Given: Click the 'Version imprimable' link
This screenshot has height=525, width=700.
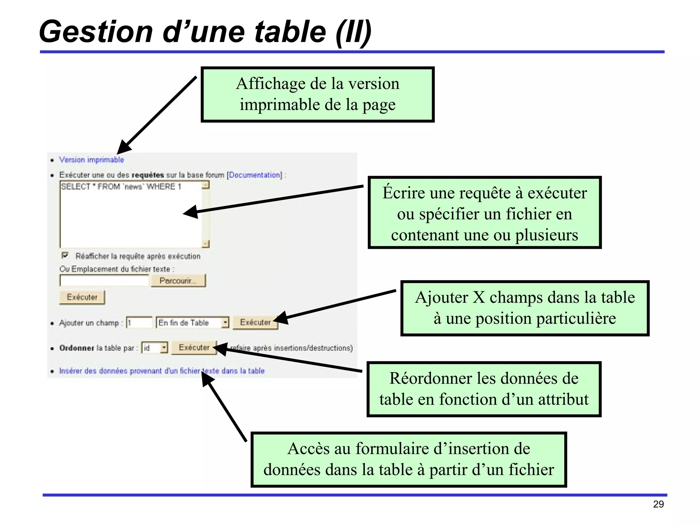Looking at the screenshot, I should coord(91,160).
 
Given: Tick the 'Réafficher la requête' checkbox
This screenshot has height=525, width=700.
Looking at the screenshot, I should coord(65,255).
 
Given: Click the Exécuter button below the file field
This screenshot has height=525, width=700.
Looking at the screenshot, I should coord(82,297).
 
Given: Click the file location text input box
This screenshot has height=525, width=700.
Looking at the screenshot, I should coord(104,281).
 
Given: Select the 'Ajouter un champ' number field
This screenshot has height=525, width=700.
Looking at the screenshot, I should coord(139,322).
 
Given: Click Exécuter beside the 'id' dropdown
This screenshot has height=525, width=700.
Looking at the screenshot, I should coord(194,348).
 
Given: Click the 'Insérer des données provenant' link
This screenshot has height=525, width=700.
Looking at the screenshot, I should coord(162,371).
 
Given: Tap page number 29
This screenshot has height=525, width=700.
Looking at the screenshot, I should coord(658,504).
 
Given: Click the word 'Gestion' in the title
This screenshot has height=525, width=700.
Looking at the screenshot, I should coord(96,31).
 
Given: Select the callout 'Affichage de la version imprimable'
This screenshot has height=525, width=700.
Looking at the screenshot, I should coord(318,94).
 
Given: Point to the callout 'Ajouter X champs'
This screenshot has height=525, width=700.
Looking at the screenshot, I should coord(525,308).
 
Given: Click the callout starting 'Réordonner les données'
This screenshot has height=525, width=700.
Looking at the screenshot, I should coord(484,389).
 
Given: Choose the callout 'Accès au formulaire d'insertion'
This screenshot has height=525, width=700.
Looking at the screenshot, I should coord(408,459).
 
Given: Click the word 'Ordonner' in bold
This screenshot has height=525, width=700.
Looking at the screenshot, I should coord(77,348).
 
